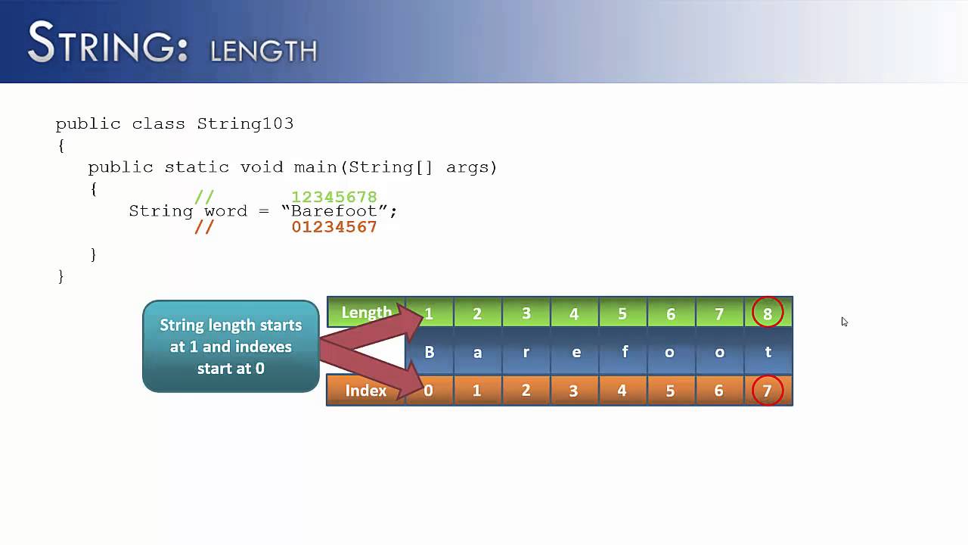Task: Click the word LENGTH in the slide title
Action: [263, 51]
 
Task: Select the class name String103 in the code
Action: [245, 123]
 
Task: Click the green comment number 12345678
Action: [334, 198]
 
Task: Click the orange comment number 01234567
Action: [334, 227]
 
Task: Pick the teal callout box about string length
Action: [231, 347]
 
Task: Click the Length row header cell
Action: [366, 313]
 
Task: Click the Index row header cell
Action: [366, 391]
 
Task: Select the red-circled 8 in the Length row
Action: [768, 313]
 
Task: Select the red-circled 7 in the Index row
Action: [768, 391]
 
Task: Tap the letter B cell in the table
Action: [430, 352]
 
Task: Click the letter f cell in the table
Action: [624, 352]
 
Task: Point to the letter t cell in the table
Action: [768, 352]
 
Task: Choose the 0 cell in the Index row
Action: [429, 391]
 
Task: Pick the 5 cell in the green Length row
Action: [622, 313]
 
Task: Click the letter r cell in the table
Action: [526, 352]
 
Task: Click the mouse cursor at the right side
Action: [844, 322]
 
